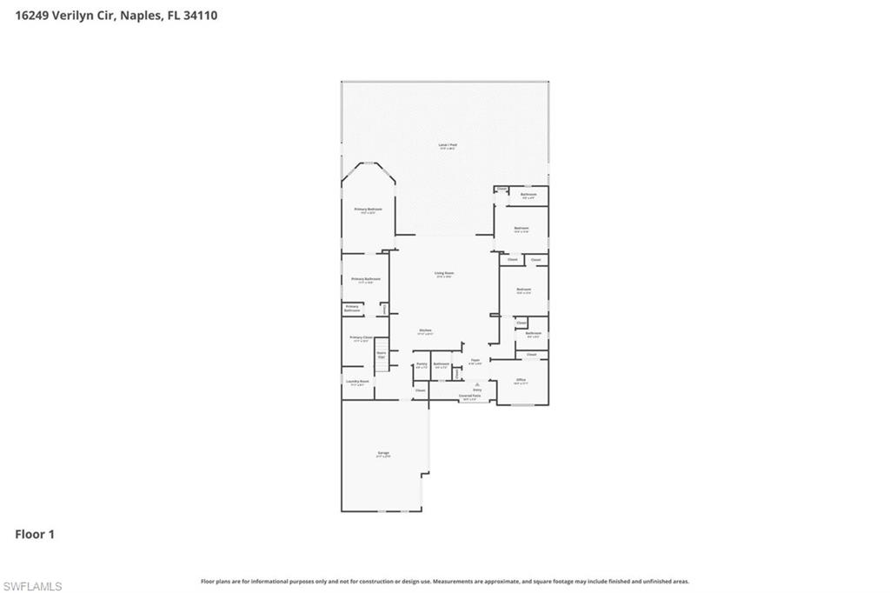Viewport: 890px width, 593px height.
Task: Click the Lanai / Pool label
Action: click(448, 146)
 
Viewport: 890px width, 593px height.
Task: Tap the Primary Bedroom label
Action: click(368, 210)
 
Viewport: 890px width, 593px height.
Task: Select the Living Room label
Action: click(444, 274)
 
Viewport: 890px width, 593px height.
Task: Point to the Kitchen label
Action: click(426, 330)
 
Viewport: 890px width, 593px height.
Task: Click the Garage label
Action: click(383, 454)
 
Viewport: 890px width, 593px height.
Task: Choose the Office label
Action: click(521, 381)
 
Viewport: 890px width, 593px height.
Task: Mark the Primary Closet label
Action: click(361, 338)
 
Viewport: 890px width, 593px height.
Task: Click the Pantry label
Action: click(422, 364)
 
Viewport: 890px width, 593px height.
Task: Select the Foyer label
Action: click(475, 361)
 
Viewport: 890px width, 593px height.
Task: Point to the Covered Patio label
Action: click(469, 396)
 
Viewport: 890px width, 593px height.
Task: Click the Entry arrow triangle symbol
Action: click(476, 383)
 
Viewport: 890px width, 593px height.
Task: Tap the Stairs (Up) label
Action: click(381, 354)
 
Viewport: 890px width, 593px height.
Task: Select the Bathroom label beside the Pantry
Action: click(441, 364)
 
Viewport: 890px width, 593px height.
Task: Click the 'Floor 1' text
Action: click(35, 535)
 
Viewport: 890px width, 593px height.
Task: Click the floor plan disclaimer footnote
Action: click(445, 581)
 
